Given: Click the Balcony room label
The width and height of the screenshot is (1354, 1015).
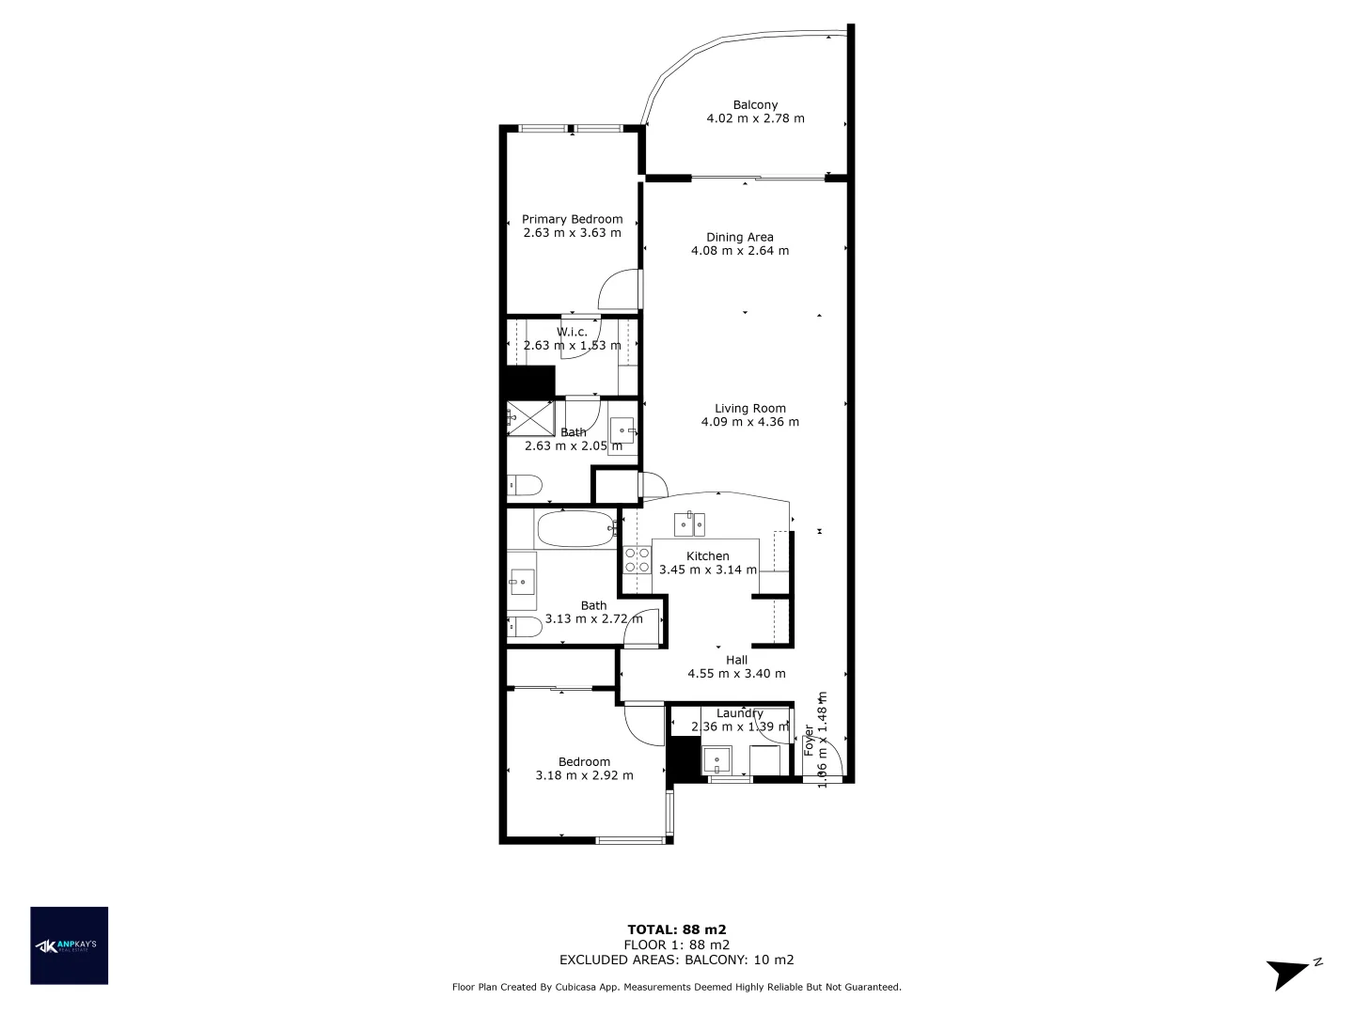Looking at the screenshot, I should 755,105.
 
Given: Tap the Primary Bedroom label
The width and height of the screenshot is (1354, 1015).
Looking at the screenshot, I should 572,219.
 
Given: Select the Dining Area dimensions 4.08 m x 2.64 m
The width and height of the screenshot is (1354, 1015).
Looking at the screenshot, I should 740,251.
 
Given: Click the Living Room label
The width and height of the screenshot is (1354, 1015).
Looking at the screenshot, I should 749,408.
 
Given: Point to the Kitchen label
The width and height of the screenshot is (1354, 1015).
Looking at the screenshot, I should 707,555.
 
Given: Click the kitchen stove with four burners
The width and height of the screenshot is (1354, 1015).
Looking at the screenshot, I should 638,560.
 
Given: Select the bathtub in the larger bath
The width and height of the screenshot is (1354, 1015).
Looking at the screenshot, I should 574,529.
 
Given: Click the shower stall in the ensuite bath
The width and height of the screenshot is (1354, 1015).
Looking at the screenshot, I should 529,418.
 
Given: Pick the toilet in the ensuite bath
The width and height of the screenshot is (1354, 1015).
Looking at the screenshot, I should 525,486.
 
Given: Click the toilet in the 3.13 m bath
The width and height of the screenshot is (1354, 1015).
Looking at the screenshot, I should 524,627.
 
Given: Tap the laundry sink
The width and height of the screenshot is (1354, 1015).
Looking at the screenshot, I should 717,759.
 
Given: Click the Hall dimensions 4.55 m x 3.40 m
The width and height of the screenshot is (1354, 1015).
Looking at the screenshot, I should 736,674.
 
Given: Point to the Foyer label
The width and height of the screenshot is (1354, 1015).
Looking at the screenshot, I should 809,741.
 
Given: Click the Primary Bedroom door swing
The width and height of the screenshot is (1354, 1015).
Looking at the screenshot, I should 621,290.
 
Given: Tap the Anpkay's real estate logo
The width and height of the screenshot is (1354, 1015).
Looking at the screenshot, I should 70,945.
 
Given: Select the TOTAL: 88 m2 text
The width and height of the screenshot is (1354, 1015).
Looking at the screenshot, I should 677,929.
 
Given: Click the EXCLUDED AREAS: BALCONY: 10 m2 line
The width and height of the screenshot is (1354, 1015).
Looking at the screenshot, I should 677,960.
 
